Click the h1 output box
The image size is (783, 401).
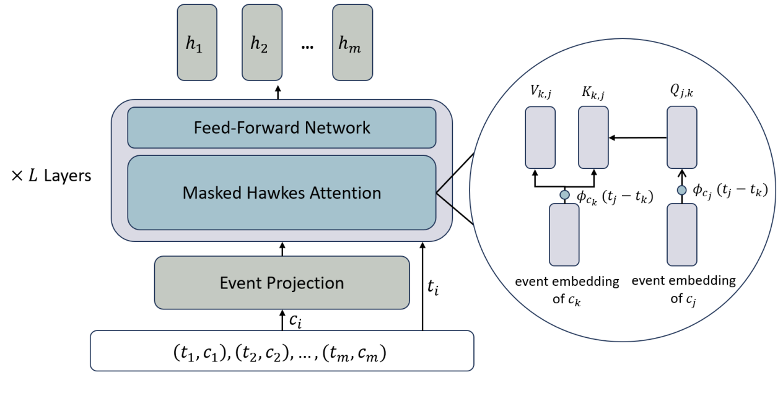(197, 43)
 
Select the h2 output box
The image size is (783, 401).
(262, 43)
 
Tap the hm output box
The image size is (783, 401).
(352, 43)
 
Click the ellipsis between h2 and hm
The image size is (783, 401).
(307, 46)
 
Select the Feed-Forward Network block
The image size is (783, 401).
(282, 127)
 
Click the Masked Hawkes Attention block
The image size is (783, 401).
(282, 192)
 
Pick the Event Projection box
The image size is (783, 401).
(282, 283)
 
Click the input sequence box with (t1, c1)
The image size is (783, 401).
(282, 351)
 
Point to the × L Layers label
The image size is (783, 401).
(51, 176)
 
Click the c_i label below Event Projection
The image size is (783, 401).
(297, 319)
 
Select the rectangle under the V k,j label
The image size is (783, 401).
(540, 137)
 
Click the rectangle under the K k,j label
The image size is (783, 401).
(593, 137)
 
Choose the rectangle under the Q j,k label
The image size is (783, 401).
(681, 137)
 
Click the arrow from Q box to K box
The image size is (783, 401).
(638, 137)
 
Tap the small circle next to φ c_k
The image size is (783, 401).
(564, 195)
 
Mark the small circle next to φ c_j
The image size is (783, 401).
(681, 191)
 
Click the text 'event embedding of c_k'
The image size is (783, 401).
(567, 289)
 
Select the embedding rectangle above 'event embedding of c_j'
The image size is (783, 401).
(681, 235)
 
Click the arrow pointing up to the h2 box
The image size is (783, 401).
(278, 91)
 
